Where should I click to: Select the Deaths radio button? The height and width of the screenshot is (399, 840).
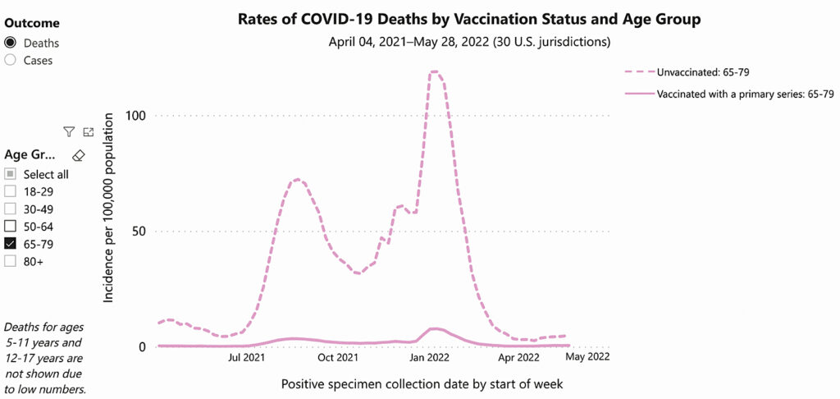click(11, 43)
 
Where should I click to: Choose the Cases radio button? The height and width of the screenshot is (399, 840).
click(11, 59)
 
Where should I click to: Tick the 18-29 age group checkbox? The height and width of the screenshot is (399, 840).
click(10, 191)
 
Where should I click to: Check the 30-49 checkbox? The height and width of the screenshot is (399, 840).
click(10, 209)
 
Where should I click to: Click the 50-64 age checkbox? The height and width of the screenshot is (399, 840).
click(10, 226)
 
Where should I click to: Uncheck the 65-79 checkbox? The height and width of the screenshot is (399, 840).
click(10, 243)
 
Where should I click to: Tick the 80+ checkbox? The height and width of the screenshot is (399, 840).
click(10, 260)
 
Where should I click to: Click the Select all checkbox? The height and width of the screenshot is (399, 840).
click(10, 174)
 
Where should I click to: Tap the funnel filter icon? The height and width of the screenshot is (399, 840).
click(69, 132)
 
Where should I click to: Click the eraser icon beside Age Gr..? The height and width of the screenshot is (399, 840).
click(79, 154)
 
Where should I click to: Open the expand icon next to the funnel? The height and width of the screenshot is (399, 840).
click(89, 132)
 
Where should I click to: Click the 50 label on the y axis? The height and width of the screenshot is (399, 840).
click(138, 231)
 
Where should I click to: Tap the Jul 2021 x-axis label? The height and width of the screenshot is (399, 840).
click(247, 357)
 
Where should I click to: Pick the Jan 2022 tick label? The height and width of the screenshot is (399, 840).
click(429, 357)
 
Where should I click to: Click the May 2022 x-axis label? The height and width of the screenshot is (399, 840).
click(588, 357)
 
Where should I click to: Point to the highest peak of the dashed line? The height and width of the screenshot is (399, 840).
click(435, 72)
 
